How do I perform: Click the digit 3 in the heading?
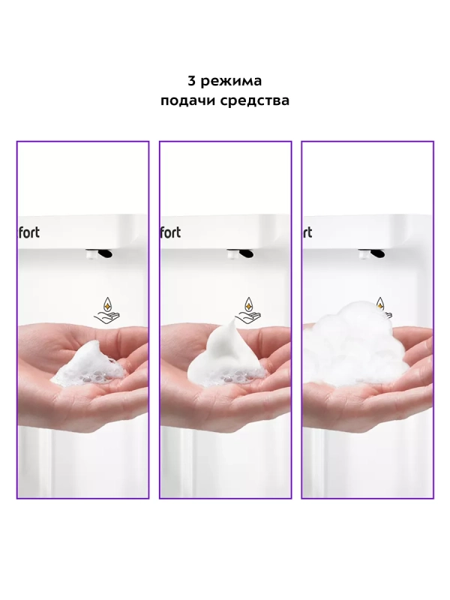coord(192,81)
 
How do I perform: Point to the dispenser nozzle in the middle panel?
coord(240,253)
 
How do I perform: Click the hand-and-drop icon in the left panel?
coord(108,310)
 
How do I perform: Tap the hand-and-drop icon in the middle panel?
coord(250,310)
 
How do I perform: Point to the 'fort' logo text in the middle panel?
coord(170,232)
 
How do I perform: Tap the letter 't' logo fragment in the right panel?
coord(307,232)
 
